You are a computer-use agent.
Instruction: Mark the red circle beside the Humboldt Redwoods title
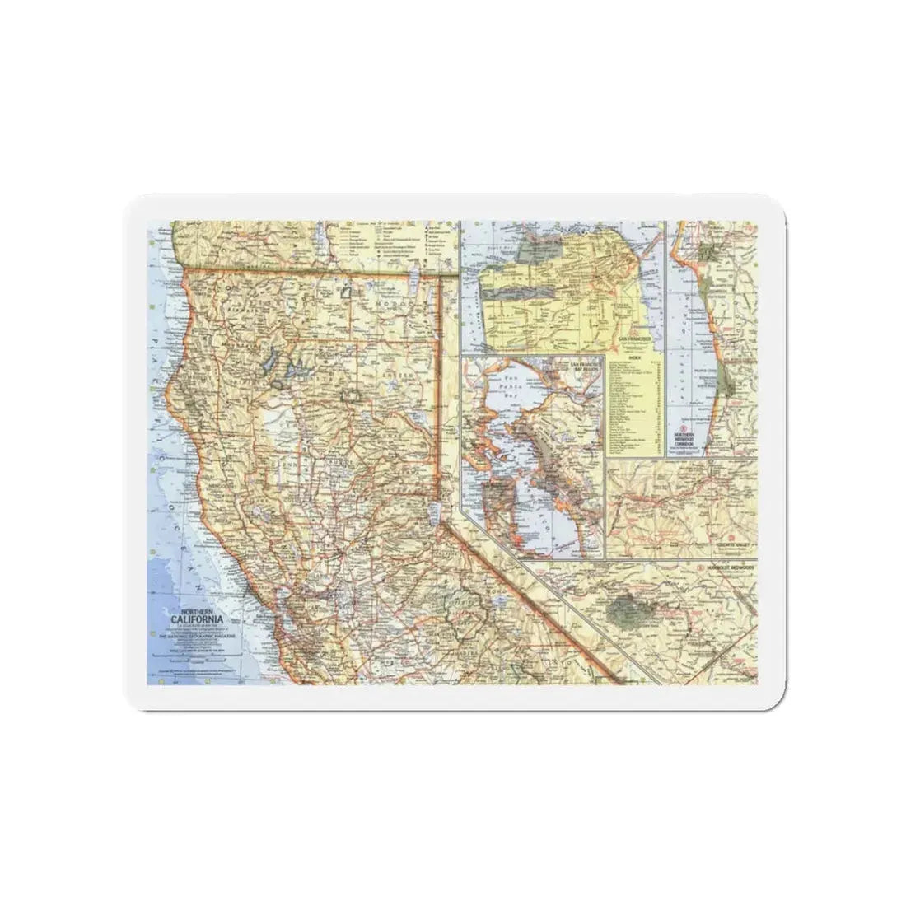coord(698,568)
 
